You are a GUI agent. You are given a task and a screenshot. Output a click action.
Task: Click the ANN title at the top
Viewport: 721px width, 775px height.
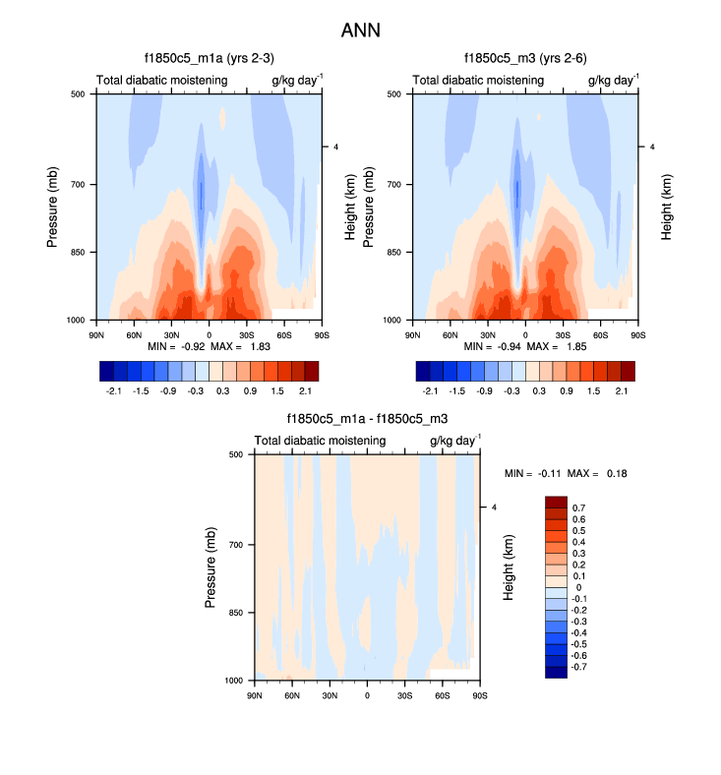coord(360,30)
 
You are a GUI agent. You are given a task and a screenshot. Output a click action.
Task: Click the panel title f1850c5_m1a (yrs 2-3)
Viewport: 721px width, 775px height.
coord(208,58)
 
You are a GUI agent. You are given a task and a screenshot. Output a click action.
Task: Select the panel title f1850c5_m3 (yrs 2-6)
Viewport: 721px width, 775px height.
coord(524,58)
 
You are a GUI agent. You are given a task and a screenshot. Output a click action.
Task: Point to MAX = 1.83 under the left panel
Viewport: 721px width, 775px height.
coord(240,347)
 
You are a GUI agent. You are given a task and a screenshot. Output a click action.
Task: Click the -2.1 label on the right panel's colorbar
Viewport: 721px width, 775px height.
coord(429,390)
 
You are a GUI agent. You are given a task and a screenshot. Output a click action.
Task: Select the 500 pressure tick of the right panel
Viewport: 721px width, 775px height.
coord(392,94)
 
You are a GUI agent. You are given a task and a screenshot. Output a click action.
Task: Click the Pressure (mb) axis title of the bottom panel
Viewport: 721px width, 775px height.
coord(211,567)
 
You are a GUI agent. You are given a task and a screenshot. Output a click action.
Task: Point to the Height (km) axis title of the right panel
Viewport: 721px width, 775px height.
coord(667,207)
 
